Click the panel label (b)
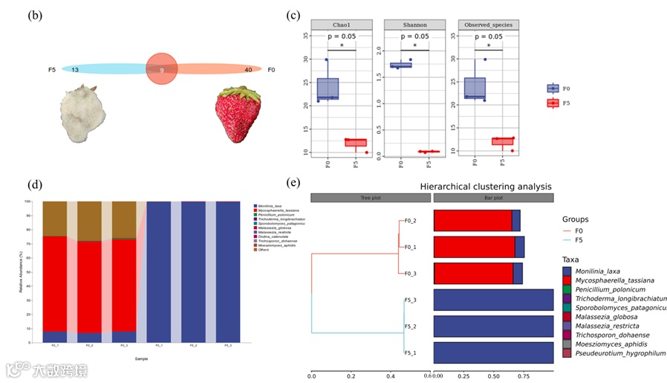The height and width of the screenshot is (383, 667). pos(34,16)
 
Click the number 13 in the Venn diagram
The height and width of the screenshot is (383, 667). pos(75,69)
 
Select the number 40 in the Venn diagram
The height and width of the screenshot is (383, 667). pos(248,69)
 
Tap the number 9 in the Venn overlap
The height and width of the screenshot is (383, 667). pos(162,69)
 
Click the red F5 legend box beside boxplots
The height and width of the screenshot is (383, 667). pos(552,103)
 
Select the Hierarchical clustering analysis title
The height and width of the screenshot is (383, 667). pos(485,186)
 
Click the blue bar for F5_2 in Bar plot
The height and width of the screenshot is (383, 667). pos(493,326)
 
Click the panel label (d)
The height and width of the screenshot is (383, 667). pos(34,184)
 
